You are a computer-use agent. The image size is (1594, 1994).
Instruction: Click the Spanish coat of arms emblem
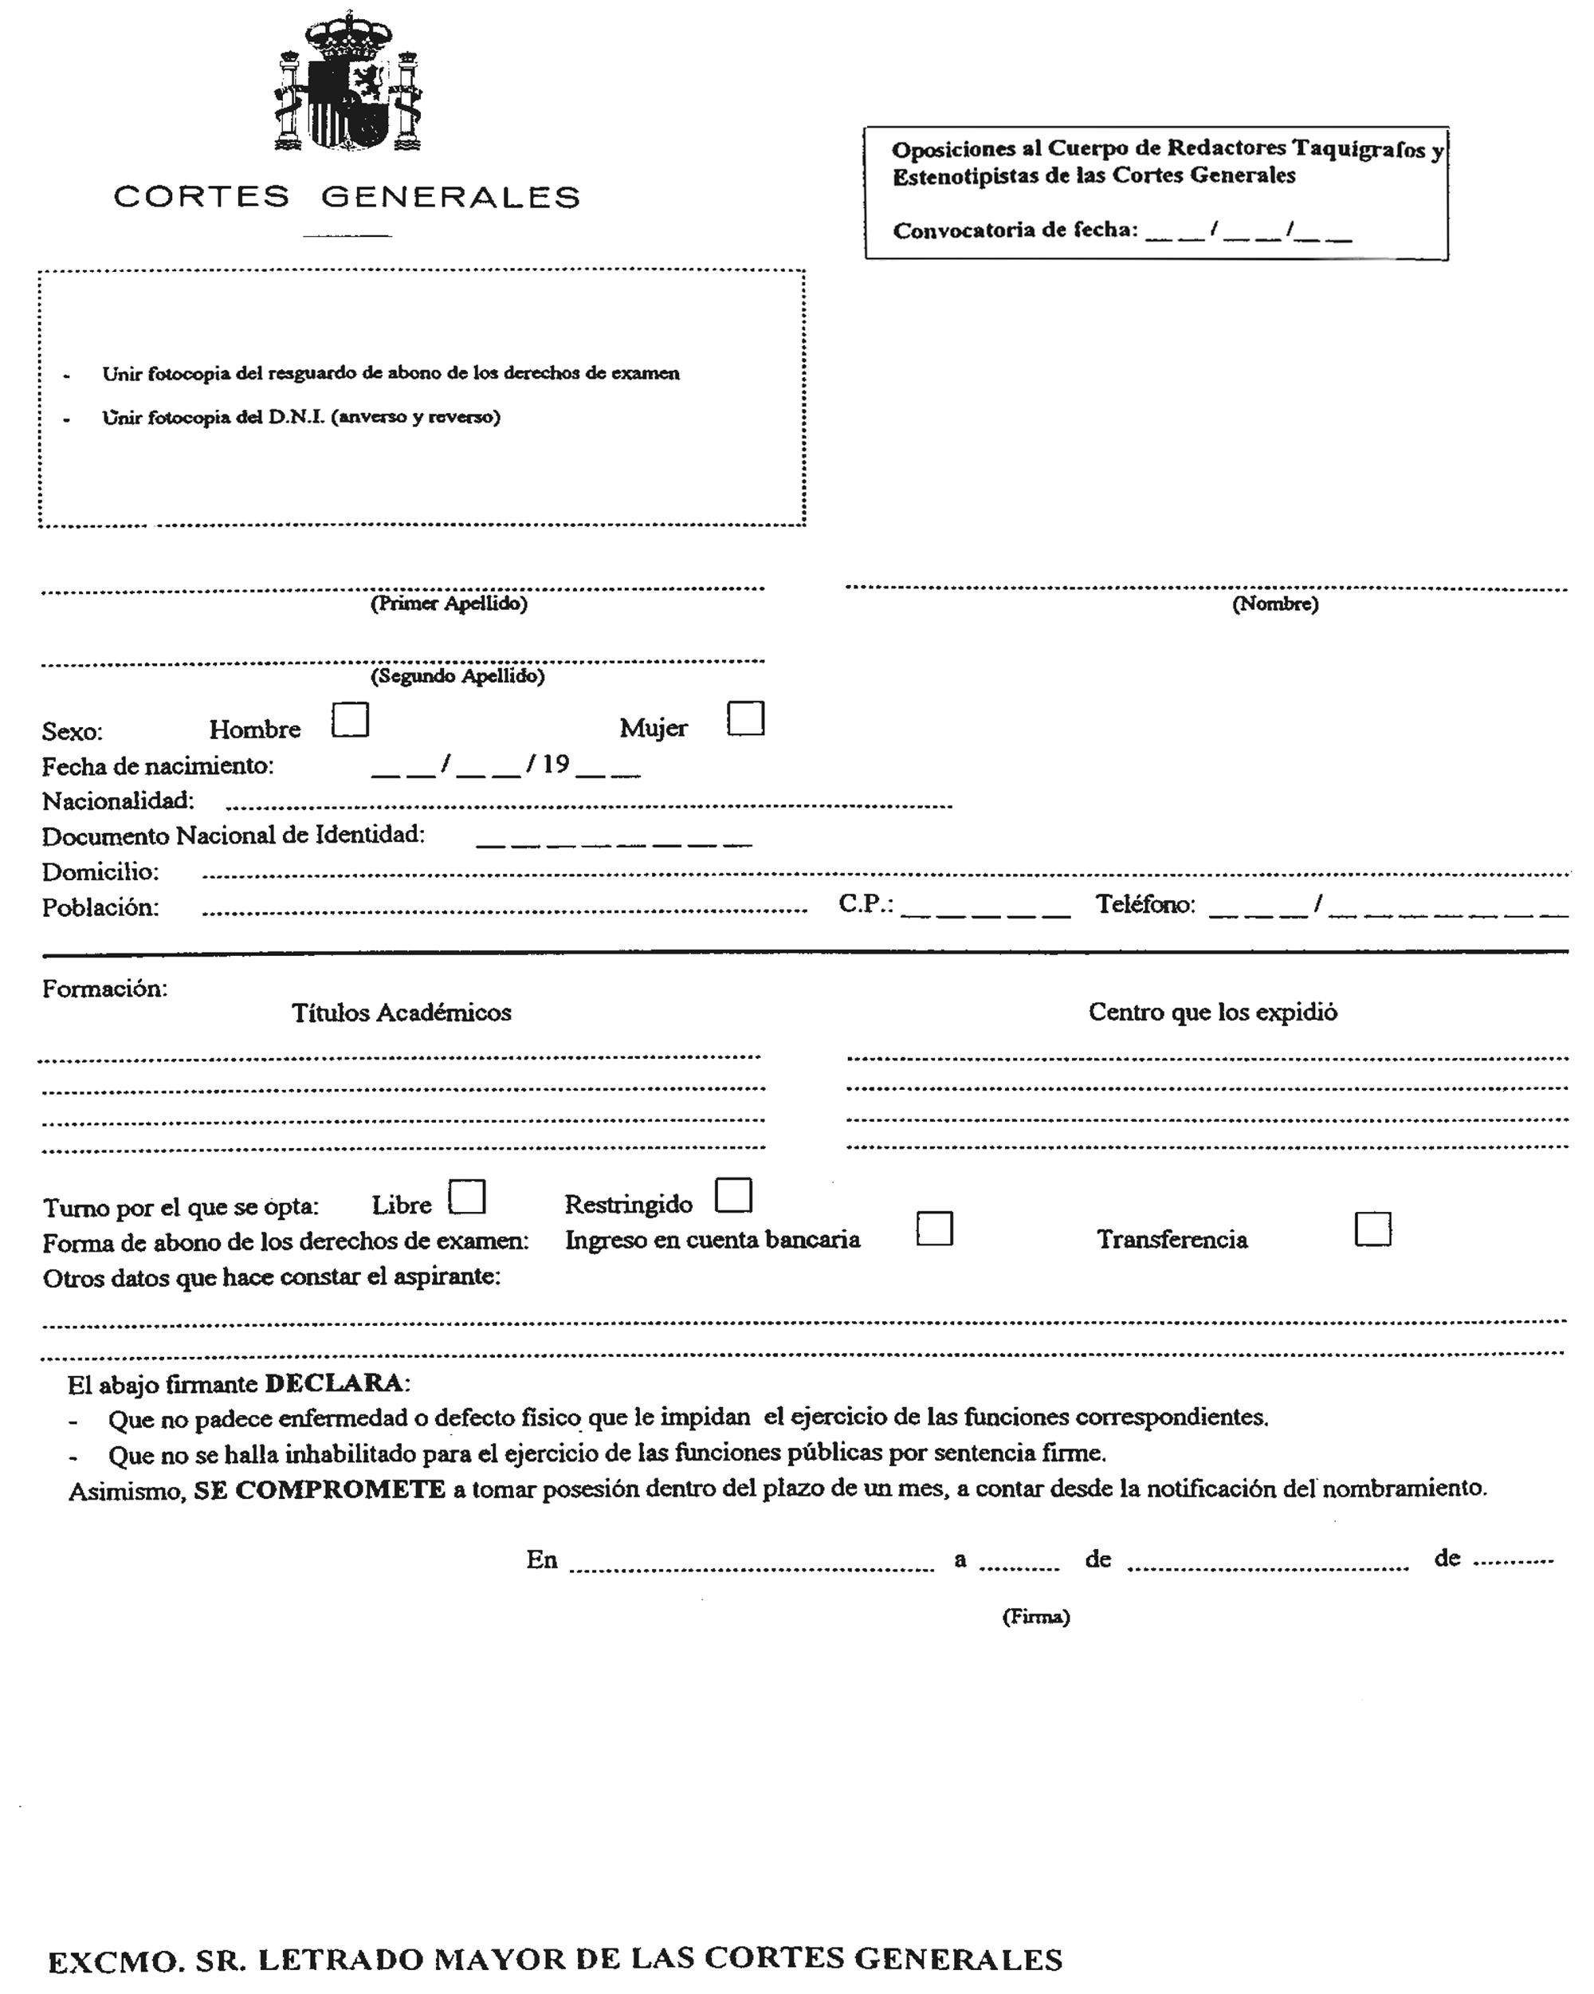coord(347,83)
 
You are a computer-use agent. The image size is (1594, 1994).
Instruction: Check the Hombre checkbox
coord(351,719)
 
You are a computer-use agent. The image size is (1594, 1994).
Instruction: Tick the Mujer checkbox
coord(745,718)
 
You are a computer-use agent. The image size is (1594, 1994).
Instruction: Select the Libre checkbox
coord(467,1197)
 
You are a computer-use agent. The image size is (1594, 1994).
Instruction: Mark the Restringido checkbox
coord(733,1195)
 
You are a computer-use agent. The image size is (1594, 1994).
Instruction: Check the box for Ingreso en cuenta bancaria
coord(934,1229)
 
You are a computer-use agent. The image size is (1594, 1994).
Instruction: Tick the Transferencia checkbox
coord(1372,1230)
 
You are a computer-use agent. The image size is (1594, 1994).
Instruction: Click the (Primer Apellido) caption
coord(449,604)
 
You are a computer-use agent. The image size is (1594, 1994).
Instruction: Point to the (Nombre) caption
coord(1275,604)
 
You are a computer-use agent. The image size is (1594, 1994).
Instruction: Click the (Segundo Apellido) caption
coord(457,676)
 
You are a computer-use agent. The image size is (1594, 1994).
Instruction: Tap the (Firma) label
coord(1035,1617)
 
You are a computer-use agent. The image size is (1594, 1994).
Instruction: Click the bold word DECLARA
coord(334,1383)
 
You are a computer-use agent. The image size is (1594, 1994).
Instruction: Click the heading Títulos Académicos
coord(401,1013)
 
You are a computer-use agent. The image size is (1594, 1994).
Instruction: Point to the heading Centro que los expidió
coord(1212,1012)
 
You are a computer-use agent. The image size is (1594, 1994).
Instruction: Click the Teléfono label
coord(1144,904)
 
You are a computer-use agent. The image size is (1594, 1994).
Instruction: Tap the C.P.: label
coord(866,903)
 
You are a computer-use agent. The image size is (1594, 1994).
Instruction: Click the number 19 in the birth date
coord(556,764)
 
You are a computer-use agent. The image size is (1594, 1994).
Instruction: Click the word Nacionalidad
coord(118,801)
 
